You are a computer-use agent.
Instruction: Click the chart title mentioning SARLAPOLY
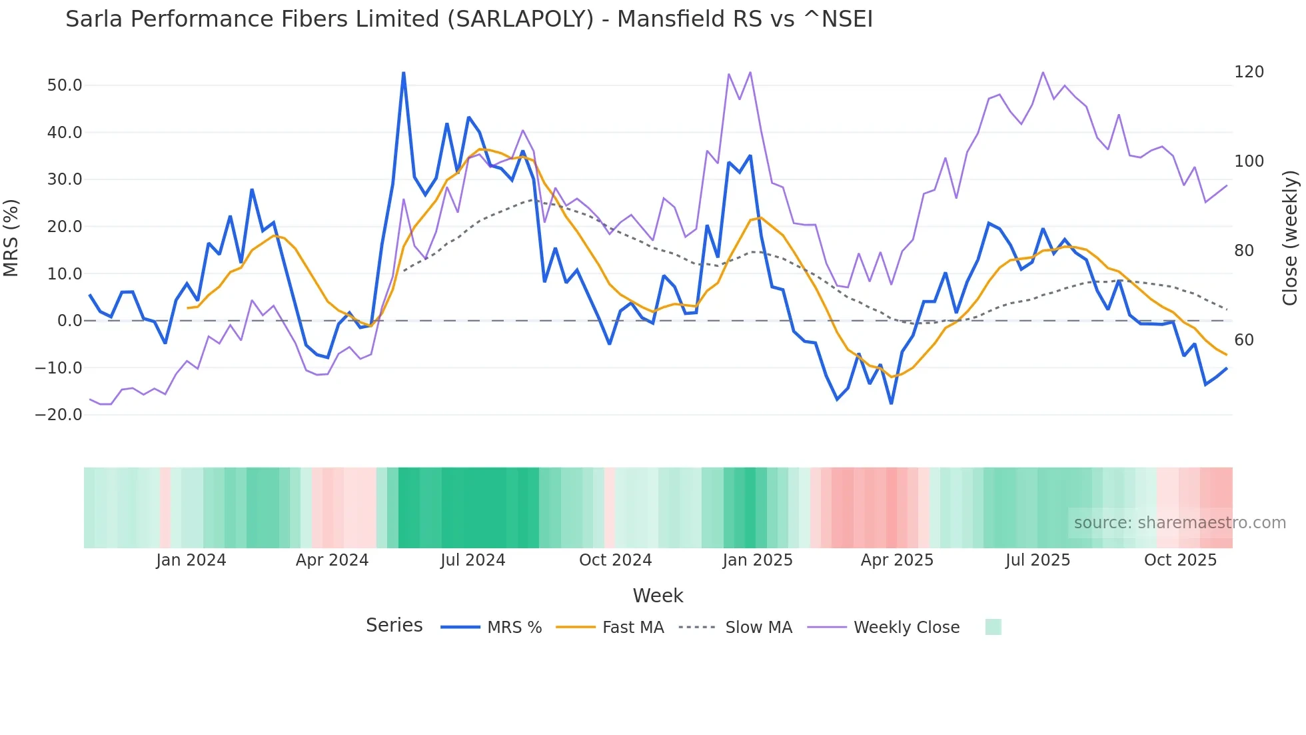468,19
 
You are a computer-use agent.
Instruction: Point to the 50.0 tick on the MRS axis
65,85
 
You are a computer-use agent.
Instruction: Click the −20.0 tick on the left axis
59,415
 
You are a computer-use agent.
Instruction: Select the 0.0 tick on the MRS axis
69,321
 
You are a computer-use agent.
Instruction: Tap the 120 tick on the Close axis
1248,72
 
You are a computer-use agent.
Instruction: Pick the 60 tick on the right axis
1243,340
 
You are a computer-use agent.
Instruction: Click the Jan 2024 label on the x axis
191,560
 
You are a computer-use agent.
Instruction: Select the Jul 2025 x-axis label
1037,560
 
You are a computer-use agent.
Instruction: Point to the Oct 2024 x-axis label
615,560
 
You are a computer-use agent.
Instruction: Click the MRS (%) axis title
11,237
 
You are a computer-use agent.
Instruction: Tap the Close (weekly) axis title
1290,237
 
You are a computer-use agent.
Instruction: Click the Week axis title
658,596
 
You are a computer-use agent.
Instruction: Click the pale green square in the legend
993,627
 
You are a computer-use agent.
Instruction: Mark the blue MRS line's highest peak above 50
404,73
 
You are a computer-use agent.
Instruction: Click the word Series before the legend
394,626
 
